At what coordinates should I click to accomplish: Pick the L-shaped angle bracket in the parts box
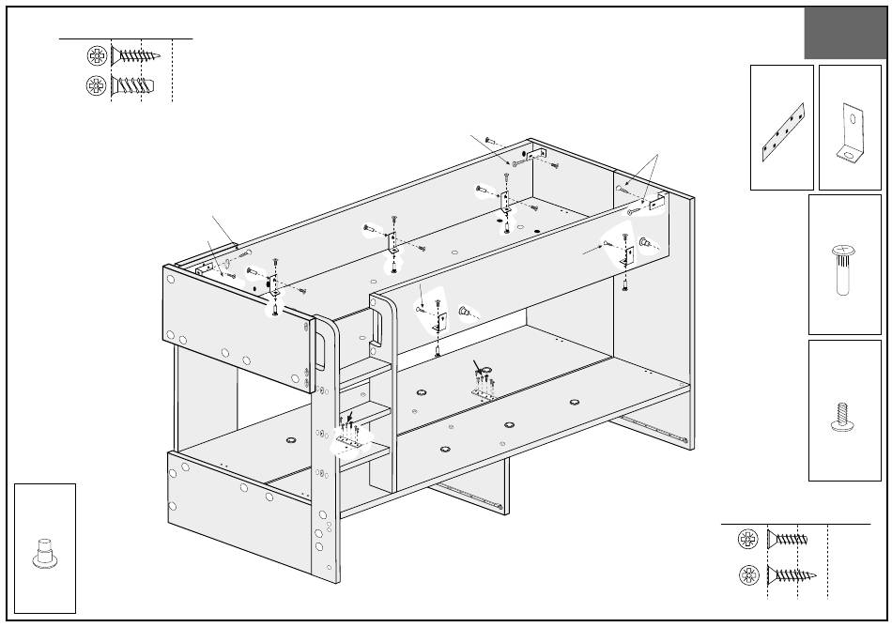[849, 133]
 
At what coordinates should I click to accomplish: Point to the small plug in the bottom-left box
[44, 552]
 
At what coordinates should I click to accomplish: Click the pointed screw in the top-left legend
[137, 55]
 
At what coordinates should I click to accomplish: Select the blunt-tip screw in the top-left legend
[132, 86]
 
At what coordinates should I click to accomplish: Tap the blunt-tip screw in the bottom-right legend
[788, 539]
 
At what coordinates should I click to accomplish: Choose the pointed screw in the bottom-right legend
[792, 573]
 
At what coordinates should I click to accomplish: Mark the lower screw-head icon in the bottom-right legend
[749, 573]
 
